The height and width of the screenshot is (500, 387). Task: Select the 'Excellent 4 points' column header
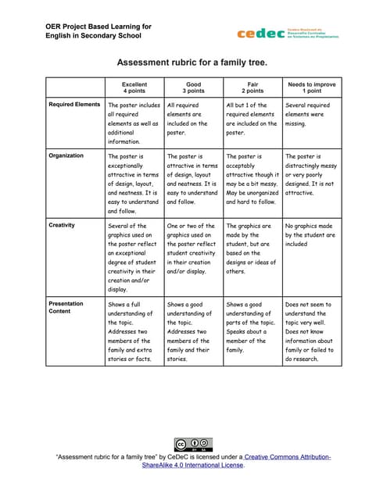click(x=134, y=87)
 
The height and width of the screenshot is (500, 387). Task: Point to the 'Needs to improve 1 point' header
click(x=311, y=87)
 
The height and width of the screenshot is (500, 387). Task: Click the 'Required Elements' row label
click(x=74, y=104)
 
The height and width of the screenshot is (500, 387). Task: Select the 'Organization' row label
click(x=66, y=155)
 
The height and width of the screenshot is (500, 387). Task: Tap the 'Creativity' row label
click(x=63, y=226)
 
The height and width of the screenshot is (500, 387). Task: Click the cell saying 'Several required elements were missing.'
click(x=311, y=113)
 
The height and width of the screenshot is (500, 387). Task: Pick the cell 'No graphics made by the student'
click(x=311, y=234)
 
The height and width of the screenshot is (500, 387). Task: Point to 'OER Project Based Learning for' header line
click(x=99, y=27)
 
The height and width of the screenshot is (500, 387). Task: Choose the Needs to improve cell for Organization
click(x=311, y=173)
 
